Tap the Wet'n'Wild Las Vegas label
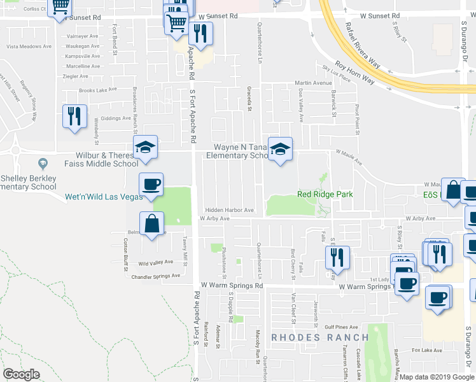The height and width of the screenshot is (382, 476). coord(104,197)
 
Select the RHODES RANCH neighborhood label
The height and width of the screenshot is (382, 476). coord(320,337)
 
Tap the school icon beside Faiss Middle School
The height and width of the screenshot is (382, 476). coord(145,148)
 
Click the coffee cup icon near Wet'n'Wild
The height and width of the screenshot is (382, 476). coord(151,185)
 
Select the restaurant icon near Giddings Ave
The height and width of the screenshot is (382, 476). coord(74,117)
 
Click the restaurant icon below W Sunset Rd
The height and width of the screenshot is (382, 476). coord(200,34)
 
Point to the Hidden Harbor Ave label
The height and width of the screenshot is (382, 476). coord(229,210)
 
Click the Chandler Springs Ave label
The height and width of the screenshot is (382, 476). coord(156,276)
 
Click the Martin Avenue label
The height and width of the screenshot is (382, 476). coord(314,83)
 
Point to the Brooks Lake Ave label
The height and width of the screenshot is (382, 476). coord(99,90)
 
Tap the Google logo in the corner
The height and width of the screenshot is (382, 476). coord(21,374)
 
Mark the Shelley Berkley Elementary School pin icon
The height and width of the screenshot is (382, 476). coord(43,164)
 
